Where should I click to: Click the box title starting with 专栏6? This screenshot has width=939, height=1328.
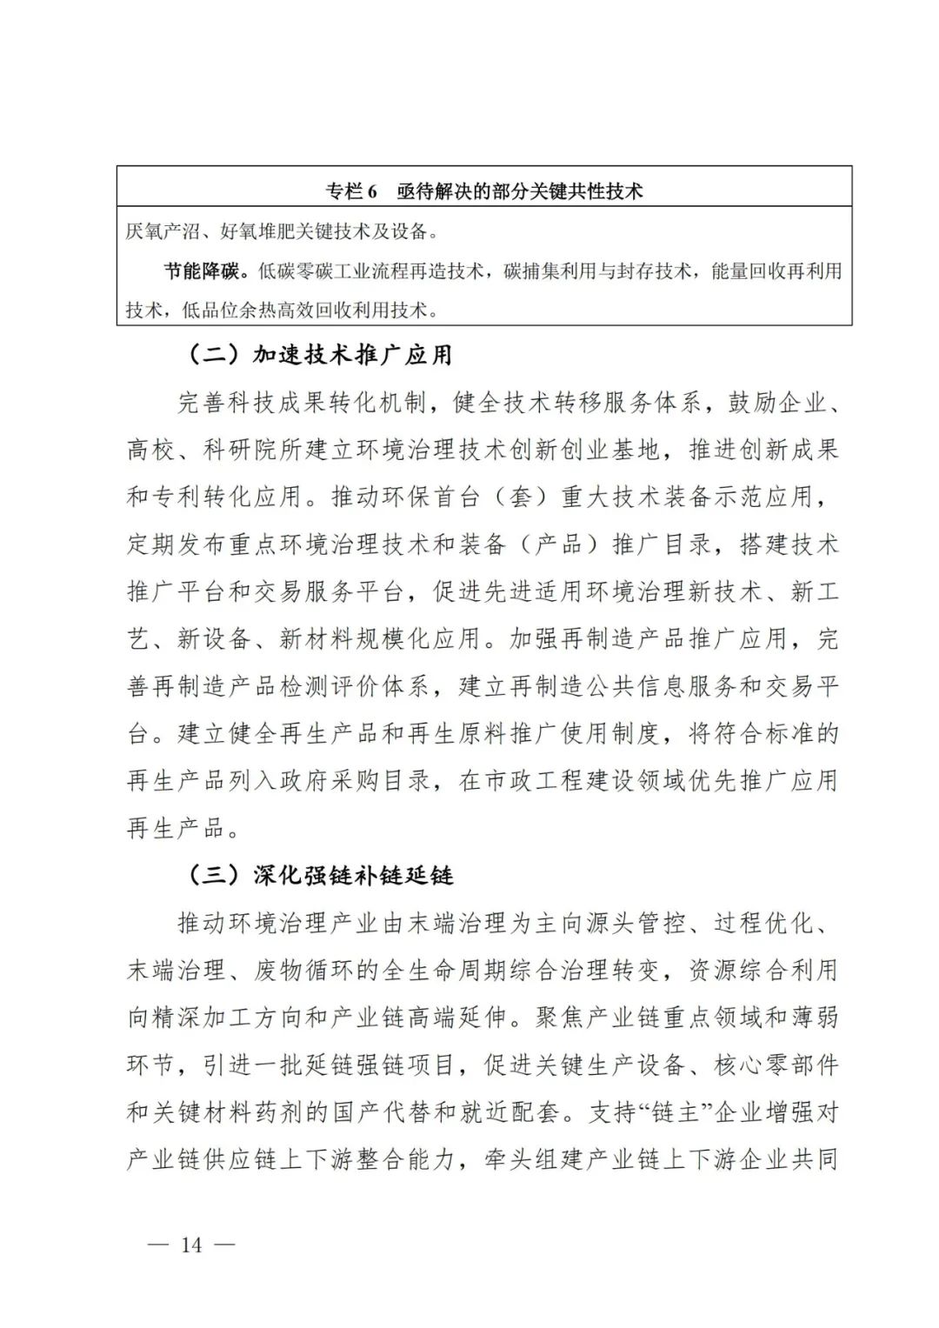pyautogui.click(x=484, y=190)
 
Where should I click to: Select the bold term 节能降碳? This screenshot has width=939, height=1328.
pyautogui.click(x=202, y=270)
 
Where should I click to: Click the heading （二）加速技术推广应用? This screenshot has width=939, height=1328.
pyautogui.click(x=320, y=354)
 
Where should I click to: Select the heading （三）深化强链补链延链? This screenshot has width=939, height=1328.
pyautogui.click(x=320, y=875)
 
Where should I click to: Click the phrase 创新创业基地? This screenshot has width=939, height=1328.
pyautogui.click(x=584, y=450)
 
